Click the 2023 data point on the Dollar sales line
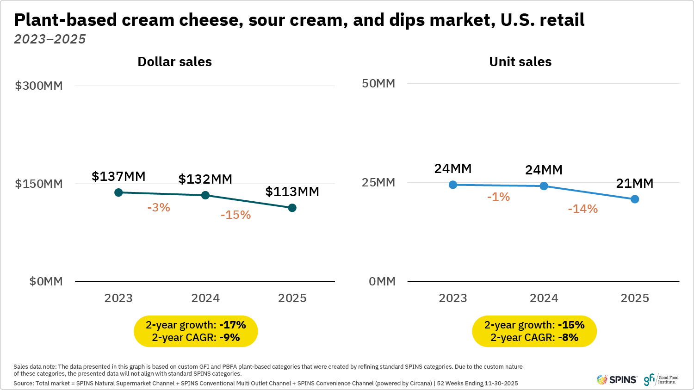click(118, 192)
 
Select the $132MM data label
click(205, 179)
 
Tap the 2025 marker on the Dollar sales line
click(292, 208)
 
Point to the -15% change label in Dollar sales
click(235, 215)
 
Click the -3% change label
click(159, 208)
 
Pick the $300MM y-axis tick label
click(39, 86)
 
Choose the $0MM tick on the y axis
click(46, 281)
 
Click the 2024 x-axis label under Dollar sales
click(205, 298)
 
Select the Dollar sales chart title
click(174, 62)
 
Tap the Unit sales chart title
click(520, 62)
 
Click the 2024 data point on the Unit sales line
click(544, 186)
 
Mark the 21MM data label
click(634, 183)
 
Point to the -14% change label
click(582, 209)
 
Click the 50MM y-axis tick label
click(378, 83)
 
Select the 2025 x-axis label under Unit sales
click(634, 298)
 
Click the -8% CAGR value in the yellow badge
click(568, 337)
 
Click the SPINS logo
click(617, 379)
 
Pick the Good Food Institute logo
click(661, 379)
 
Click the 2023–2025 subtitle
click(50, 39)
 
